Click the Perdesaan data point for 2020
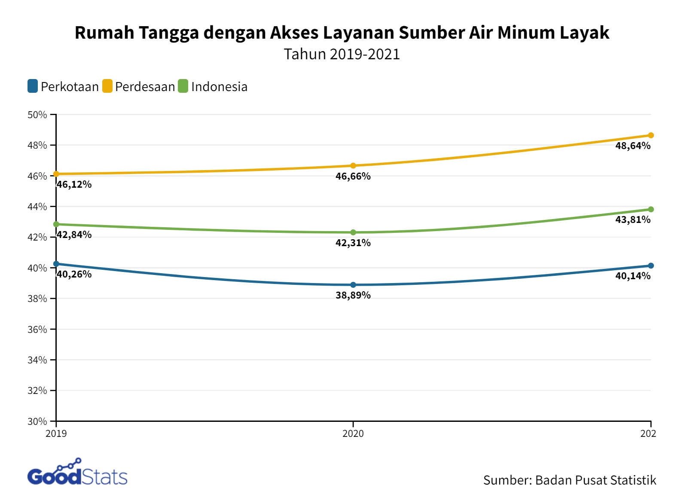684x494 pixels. pos(353,166)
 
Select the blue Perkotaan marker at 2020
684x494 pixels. pos(353,285)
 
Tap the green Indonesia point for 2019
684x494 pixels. pos(56,224)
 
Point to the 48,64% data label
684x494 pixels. pos(632,146)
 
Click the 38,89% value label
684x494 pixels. pos(353,296)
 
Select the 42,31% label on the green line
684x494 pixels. pos(353,243)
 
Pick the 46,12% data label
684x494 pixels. pos(74,185)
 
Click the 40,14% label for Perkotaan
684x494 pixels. pos(632,276)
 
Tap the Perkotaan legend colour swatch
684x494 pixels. pos(33,86)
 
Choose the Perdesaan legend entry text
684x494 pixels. pos(145,87)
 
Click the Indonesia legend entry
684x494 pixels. pos(219,87)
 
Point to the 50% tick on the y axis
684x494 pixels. pos(37,115)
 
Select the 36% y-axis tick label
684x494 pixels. pos(37,329)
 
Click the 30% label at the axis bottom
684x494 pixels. pos(37,421)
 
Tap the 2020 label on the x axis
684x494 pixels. pos(353,433)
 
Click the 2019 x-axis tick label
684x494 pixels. pos(56,433)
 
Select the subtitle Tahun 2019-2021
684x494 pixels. pos(342,54)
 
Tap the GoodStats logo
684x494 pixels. pos(77,473)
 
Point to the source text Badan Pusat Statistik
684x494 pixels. pos(595,480)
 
